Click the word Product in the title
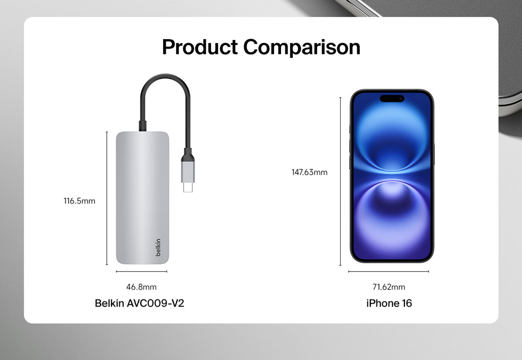[x=200, y=47]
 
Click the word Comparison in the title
[x=302, y=48]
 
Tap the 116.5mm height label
[x=80, y=201]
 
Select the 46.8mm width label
[x=142, y=287]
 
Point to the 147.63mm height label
[x=310, y=172]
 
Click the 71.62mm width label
[x=389, y=287]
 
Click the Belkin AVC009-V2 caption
[x=139, y=303]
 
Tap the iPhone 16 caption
[x=389, y=303]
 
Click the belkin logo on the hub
[x=158, y=247]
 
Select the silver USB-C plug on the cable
[x=188, y=172]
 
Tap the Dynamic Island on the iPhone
[x=392, y=99]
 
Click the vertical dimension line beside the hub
[x=107, y=198]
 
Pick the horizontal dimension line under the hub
[x=142, y=272]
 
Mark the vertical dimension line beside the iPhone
[x=341, y=181]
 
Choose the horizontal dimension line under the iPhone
[x=389, y=272]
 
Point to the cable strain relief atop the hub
[x=143, y=126]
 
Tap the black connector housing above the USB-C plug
[x=188, y=155]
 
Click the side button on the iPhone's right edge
[x=434, y=154]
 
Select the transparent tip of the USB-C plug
[x=188, y=188]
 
